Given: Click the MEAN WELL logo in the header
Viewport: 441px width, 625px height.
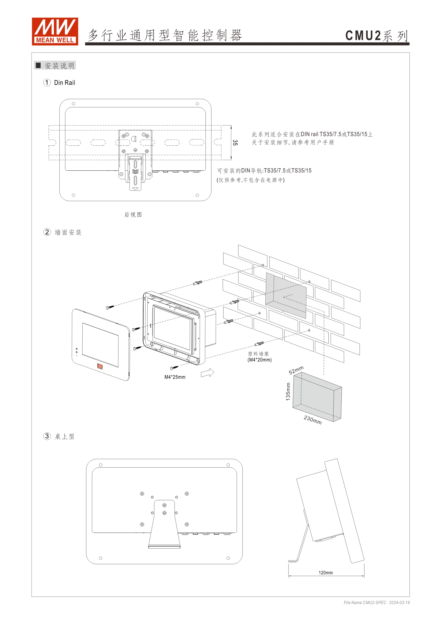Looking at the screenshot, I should pos(55,31).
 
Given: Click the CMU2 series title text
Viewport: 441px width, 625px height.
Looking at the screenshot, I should pos(376,36).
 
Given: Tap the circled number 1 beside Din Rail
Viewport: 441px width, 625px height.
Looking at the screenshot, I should pos(47,83).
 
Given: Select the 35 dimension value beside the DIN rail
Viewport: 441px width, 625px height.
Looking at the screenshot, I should pos(235,143).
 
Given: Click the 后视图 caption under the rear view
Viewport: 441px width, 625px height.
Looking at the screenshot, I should pos(133,214).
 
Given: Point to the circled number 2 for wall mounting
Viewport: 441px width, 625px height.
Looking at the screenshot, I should pos(47,232).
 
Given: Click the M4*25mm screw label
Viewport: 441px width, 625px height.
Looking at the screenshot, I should pos(175,377).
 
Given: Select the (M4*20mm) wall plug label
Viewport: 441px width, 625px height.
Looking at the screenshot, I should pos(259,360).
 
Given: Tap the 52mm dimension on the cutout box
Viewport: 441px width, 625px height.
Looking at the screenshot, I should pos(296,370).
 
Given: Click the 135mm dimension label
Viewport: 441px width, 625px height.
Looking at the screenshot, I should pos(288,391).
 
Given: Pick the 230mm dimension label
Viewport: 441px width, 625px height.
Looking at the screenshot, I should pos(312,420).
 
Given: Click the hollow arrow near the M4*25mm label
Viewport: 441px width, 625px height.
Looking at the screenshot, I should pos(208,373).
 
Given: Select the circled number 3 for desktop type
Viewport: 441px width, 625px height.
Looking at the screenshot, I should pos(47,436).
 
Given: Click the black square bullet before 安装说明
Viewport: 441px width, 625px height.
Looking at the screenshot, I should pos(38,65).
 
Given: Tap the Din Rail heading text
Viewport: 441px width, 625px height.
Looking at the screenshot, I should pos(64,83).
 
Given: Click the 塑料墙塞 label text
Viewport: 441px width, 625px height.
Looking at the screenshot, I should pos(258,354).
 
